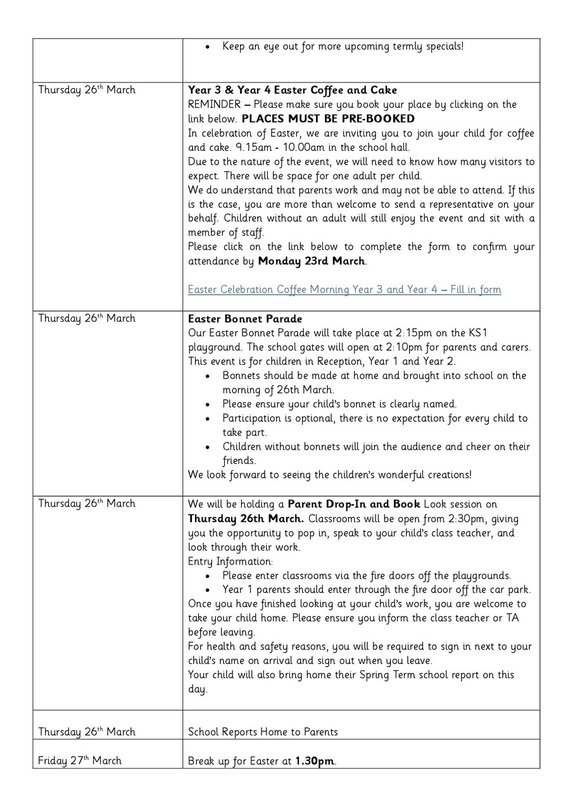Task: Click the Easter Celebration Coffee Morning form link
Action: [x=344, y=290]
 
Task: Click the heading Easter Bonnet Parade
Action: [x=245, y=319]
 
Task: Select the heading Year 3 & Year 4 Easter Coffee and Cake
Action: [x=293, y=90]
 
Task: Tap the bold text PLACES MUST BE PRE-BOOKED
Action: [x=328, y=118]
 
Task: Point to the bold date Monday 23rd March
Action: [x=312, y=261]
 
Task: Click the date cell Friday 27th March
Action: [x=80, y=760]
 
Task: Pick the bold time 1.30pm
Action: [x=314, y=761]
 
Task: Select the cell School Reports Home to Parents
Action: [x=263, y=732]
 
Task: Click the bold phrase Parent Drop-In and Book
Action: [x=353, y=504]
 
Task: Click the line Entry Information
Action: [x=230, y=561]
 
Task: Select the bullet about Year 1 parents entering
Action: [x=376, y=589]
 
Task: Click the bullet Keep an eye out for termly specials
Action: [x=343, y=46]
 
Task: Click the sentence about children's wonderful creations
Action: [x=329, y=475]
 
